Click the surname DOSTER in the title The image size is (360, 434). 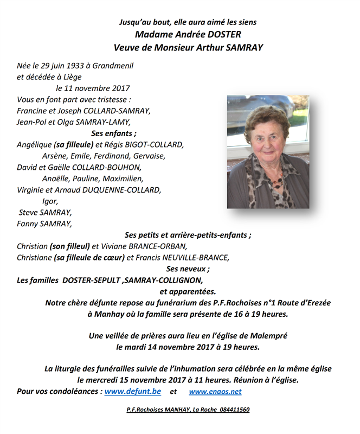coord(224,35)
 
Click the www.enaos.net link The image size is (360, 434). coord(215,391)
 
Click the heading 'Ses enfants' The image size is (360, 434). coord(113,133)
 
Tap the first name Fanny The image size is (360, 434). coord(28,224)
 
